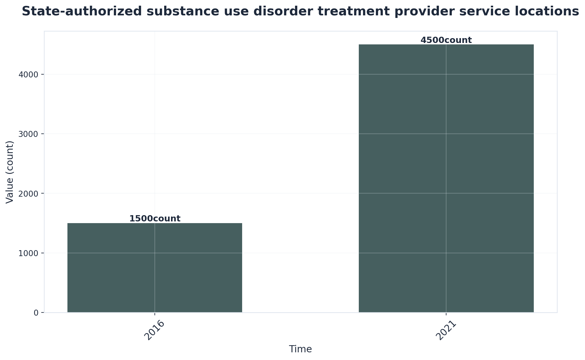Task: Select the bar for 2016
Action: (155, 268)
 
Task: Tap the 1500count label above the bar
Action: (155, 219)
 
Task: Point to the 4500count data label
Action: (446, 40)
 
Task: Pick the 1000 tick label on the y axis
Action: (28, 253)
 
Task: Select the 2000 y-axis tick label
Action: (28, 194)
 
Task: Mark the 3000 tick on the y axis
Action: (28, 134)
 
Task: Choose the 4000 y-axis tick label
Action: (28, 74)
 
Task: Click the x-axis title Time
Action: (300, 349)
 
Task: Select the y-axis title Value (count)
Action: (10, 172)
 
